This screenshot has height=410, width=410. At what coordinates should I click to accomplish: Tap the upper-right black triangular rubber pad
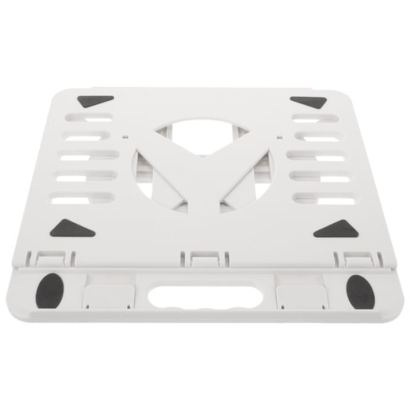coord(309,102)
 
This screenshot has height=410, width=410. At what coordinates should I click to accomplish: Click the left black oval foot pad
coord(49,290)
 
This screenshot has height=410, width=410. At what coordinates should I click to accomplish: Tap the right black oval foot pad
coord(359,291)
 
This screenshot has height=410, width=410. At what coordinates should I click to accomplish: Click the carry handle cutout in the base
coord(204,295)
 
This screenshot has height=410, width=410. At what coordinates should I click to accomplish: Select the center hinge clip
coord(204,258)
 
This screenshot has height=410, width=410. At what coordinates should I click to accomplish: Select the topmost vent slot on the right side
coord(315,117)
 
